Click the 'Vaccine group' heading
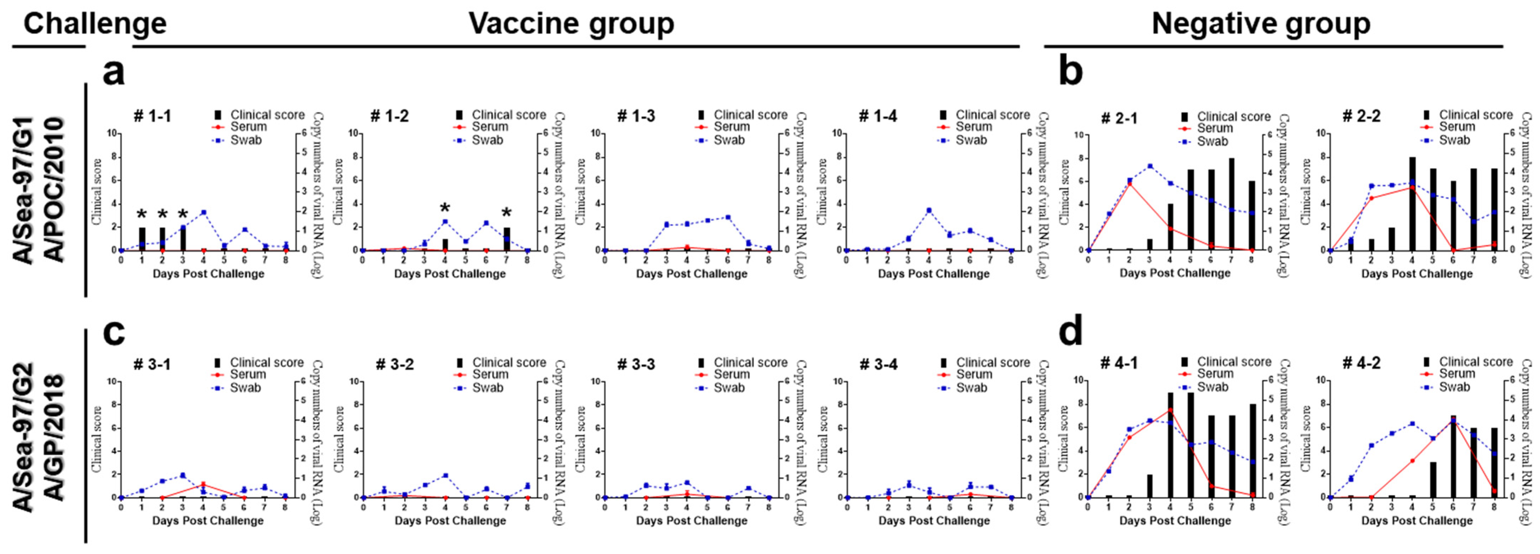pos(571,24)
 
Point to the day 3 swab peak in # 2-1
pos(1150,166)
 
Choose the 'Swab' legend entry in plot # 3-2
pos(487,388)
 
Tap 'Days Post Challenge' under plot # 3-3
pos(692,521)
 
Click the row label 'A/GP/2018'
pos(55,437)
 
